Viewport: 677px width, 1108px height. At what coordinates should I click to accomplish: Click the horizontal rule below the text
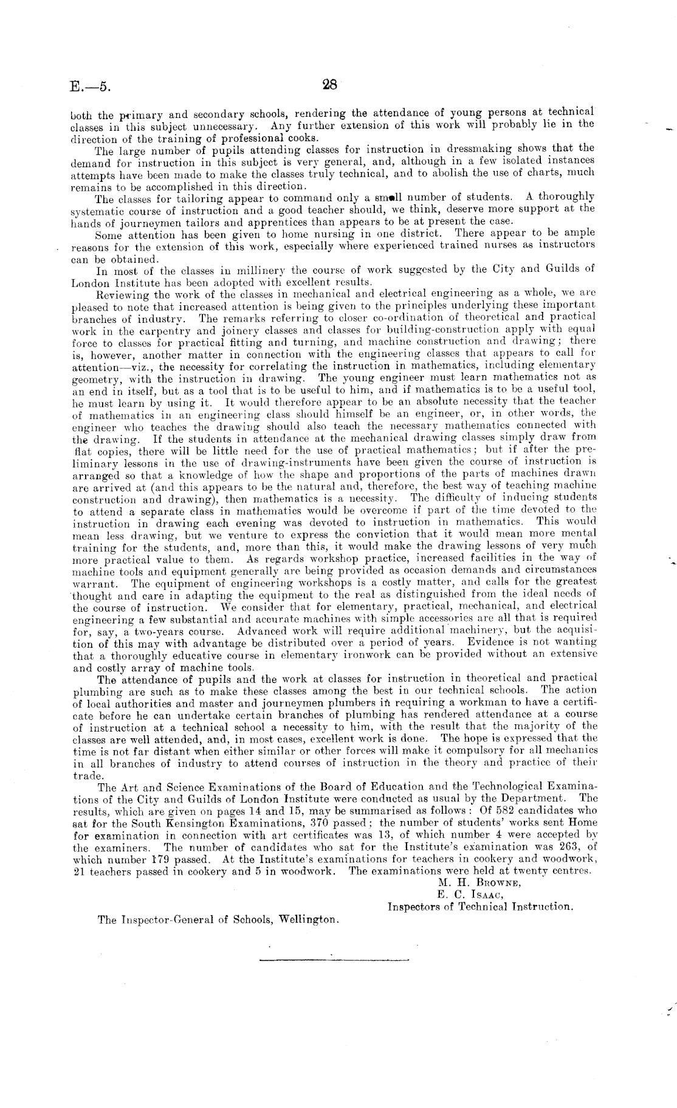click(x=334, y=961)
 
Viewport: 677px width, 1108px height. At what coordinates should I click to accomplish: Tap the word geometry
click(x=91, y=378)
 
